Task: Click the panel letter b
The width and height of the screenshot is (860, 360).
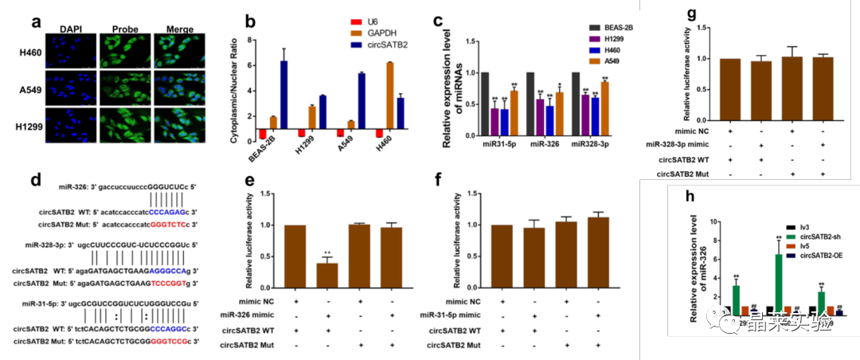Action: (x=251, y=22)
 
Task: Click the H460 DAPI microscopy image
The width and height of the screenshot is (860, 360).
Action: (x=72, y=51)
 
